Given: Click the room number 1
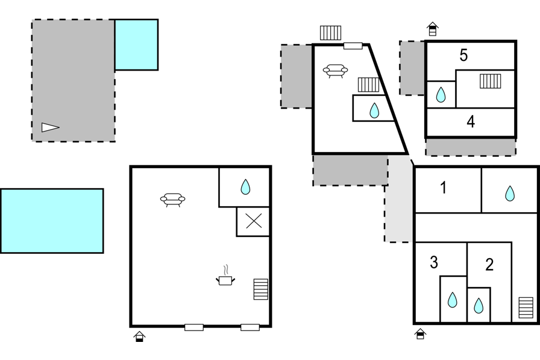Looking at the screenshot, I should [x=444, y=188].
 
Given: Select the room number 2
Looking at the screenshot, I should [x=489, y=264].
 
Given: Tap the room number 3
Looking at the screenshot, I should [x=434, y=262].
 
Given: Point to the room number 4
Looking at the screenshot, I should [x=471, y=122].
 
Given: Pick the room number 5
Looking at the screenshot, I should [x=463, y=55].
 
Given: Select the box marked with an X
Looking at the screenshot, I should [x=253, y=221].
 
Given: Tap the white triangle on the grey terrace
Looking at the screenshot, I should [x=50, y=127].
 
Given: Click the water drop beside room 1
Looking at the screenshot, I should [x=510, y=193].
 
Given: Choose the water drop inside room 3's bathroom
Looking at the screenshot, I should [x=453, y=300].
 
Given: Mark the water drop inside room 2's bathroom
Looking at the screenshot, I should [x=479, y=306].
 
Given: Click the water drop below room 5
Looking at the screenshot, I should [x=441, y=95].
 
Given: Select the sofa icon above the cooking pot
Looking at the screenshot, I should [x=173, y=199].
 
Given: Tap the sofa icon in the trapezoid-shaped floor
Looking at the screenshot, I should [x=336, y=71].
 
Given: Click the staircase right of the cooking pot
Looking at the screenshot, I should [x=261, y=289].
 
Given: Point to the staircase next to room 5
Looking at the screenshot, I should [x=491, y=81].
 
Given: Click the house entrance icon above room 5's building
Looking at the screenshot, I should [x=432, y=29].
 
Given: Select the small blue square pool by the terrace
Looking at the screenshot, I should [x=136, y=45].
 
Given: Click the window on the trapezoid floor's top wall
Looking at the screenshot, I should [x=353, y=46].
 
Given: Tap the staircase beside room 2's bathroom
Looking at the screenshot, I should [x=526, y=308].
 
